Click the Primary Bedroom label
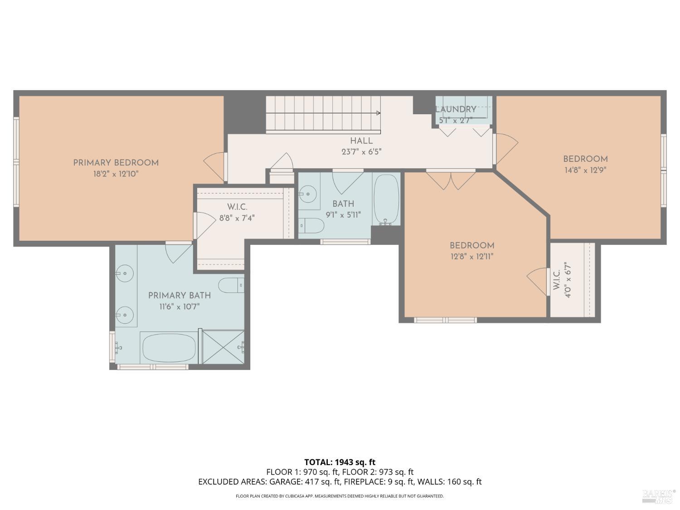[x=116, y=163]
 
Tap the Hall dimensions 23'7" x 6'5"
[x=361, y=152]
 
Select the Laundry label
[x=456, y=109]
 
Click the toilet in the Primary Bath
[x=231, y=285]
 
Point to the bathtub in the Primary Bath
[x=169, y=348]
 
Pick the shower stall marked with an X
[x=223, y=347]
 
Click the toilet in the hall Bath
[x=311, y=225]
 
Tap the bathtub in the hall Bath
[x=386, y=199]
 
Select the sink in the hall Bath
[x=308, y=194]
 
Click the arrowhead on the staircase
[x=378, y=113]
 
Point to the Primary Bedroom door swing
[x=215, y=163]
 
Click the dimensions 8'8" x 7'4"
[x=237, y=218]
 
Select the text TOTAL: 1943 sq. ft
[x=340, y=462]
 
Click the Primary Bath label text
[x=180, y=296]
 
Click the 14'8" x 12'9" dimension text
[x=585, y=170]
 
